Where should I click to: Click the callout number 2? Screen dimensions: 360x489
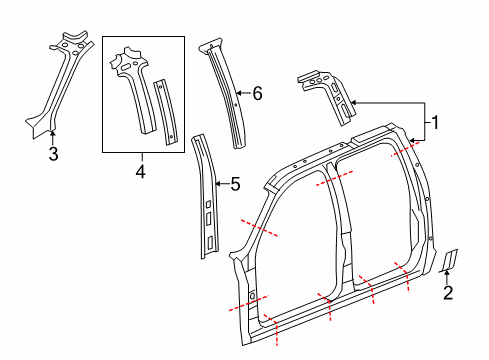click(x=448, y=293)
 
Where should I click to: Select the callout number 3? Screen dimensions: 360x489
click(x=53, y=153)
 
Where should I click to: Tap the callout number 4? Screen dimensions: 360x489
click(x=141, y=173)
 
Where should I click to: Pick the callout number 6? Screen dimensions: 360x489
click(x=257, y=94)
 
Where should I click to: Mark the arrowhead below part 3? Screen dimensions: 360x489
click(x=53, y=133)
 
